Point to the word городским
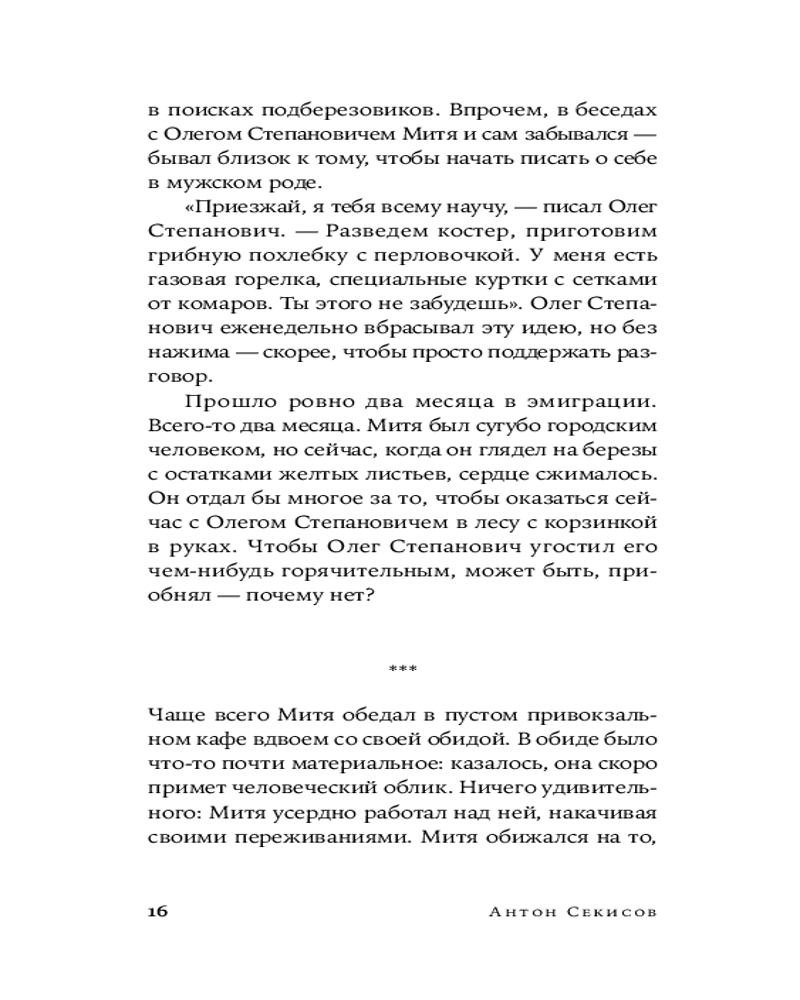pos(603,430)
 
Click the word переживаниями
pos(323,840)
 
